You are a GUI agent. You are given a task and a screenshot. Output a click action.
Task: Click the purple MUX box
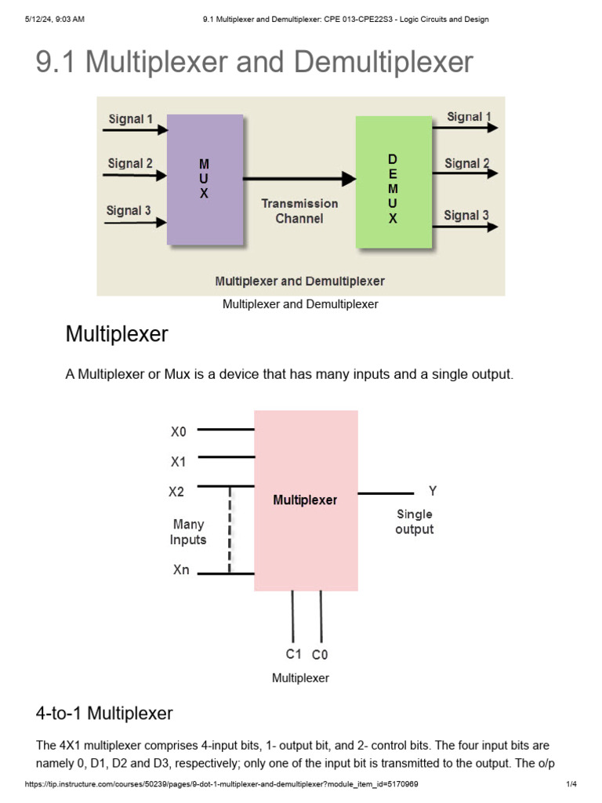pyautogui.click(x=205, y=180)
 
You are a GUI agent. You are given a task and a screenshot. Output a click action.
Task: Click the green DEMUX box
pyautogui.click(x=393, y=182)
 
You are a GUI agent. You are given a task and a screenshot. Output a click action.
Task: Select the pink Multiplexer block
pyautogui.click(x=306, y=500)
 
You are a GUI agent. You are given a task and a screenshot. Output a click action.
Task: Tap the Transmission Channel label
pyautogui.click(x=299, y=211)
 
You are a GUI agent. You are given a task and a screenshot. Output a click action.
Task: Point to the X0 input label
pyautogui.click(x=179, y=431)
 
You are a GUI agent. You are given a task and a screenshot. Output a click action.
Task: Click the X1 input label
pyautogui.click(x=179, y=462)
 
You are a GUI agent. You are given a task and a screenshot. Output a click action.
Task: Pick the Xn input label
pyautogui.click(x=181, y=570)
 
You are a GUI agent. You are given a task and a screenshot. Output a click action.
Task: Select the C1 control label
pyautogui.click(x=293, y=653)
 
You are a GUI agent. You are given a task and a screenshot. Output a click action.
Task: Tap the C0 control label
pyautogui.click(x=320, y=654)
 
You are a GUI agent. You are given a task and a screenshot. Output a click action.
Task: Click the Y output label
pyautogui.click(x=432, y=492)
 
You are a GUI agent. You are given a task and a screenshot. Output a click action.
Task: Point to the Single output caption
pyautogui.click(x=414, y=521)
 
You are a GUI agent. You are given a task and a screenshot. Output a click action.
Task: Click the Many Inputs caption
pyautogui.click(x=188, y=532)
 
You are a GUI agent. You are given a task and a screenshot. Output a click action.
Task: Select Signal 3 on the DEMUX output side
pyautogui.click(x=466, y=215)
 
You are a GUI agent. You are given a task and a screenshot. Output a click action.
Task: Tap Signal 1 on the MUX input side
pyautogui.click(x=131, y=119)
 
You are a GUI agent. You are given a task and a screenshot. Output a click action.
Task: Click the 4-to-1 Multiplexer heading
pyautogui.click(x=104, y=713)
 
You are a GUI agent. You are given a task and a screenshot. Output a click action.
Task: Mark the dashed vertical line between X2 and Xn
pyautogui.click(x=230, y=530)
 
